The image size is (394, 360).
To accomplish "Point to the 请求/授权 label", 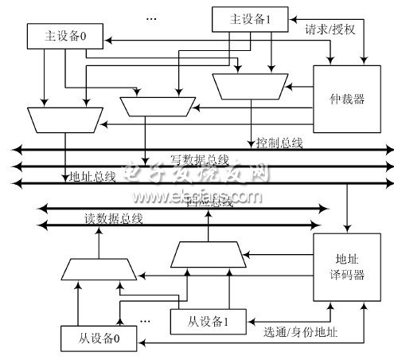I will click(x=332, y=32).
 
